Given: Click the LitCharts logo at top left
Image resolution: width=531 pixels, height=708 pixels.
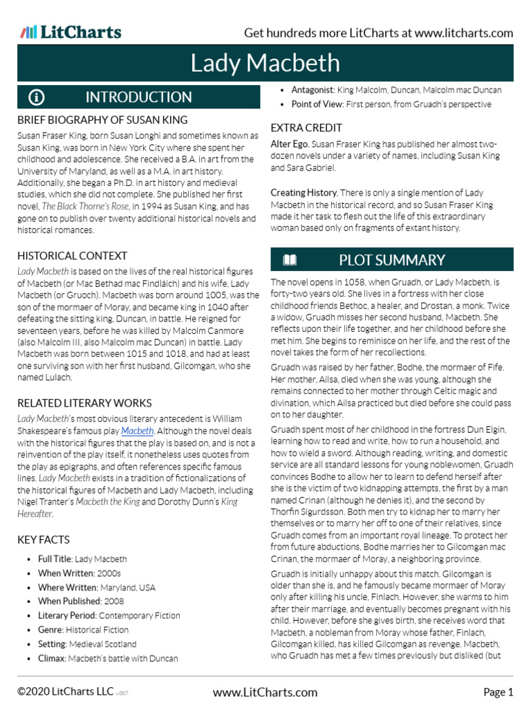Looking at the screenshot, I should (x=71, y=32).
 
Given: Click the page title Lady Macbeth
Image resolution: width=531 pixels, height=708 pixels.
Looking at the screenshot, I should (x=265, y=64).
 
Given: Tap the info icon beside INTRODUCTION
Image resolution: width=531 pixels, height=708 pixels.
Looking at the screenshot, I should (x=37, y=97).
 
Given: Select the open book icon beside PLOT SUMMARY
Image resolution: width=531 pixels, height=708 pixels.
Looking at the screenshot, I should (x=290, y=260).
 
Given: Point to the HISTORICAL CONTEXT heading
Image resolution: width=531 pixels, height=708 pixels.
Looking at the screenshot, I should (x=73, y=256).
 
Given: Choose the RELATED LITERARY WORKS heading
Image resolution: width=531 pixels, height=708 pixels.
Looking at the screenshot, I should (x=84, y=403).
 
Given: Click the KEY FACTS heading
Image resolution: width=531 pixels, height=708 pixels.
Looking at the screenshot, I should (x=44, y=539).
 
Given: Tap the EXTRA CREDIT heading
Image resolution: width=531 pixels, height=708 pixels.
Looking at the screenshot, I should (x=306, y=128).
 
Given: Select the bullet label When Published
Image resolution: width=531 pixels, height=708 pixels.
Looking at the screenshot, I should (x=66, y=602).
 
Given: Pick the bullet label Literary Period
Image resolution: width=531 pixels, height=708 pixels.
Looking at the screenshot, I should (x=67, y=615).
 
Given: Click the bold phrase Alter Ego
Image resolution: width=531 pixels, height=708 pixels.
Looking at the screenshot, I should (x=289, y=144).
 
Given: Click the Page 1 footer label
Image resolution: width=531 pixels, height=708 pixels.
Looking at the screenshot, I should (x=498, y=692).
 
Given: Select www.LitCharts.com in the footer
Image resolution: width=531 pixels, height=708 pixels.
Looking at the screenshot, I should (x=265, y=692).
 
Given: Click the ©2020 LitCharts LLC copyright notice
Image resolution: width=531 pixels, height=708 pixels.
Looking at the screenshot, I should (x=66, y=692).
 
